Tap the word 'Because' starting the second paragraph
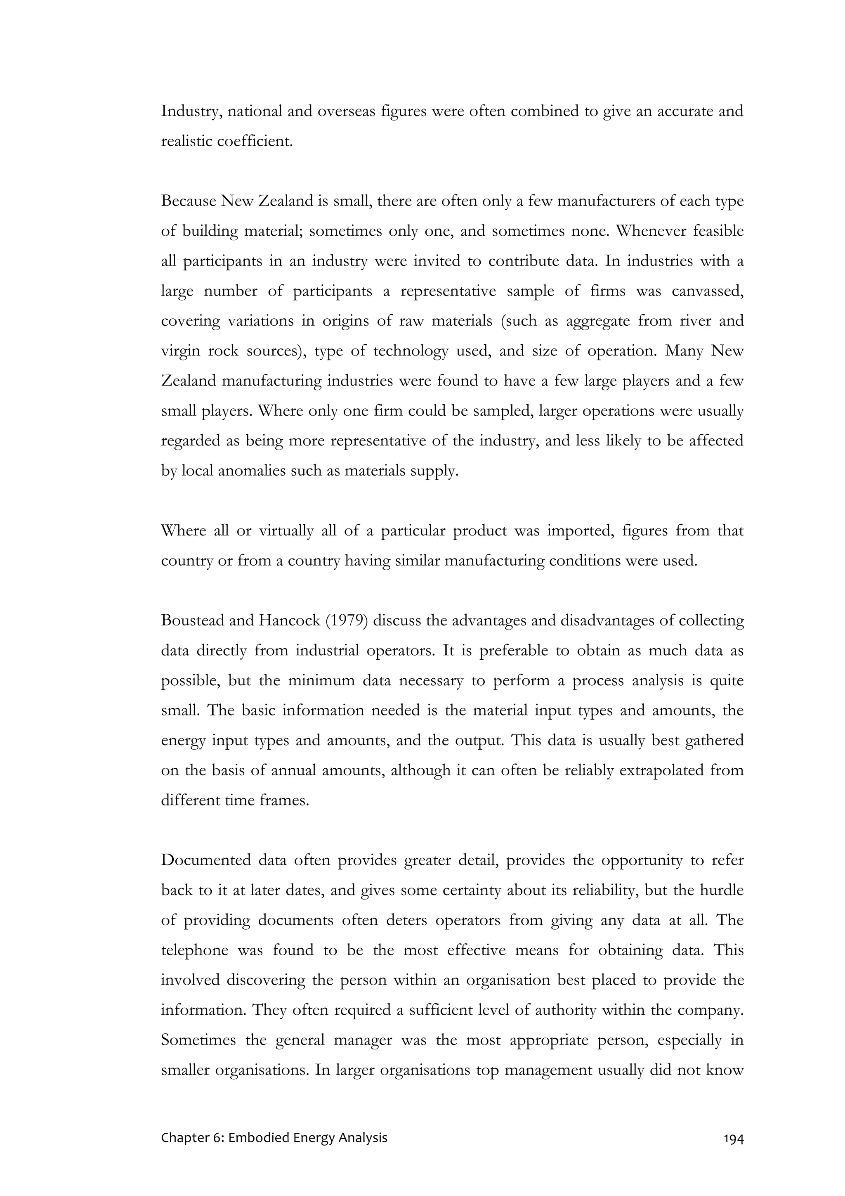[189, 201]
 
